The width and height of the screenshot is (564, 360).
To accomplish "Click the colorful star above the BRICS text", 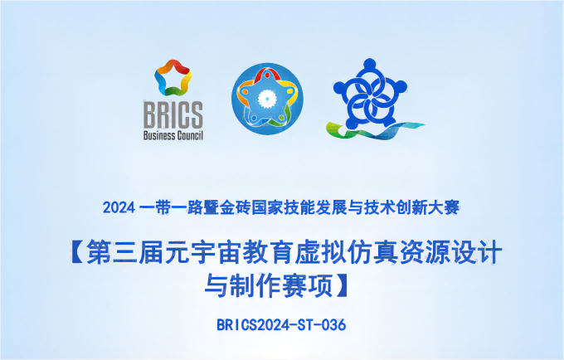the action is click(x=173, y=77).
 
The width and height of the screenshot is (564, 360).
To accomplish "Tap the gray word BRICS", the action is click(x=173, y=114).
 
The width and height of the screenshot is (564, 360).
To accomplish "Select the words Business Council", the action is click(x=173, y=135).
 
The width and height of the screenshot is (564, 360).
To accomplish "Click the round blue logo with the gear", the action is click(x=267, y=99).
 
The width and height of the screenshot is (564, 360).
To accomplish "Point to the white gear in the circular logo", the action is click(x=266, y=97).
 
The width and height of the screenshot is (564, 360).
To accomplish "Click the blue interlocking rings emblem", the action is click(x=370, y=94).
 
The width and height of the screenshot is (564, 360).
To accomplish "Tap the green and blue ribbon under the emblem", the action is click(x=374, y=130).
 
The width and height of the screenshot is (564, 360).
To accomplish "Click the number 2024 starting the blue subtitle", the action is click(x=119, y=208).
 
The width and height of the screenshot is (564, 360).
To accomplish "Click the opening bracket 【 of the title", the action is click(x=77, y=252).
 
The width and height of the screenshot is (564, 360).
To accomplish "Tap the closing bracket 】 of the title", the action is click(x=342, y=285).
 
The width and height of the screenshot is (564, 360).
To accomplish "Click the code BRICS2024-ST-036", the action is click(x=281, y=325).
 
